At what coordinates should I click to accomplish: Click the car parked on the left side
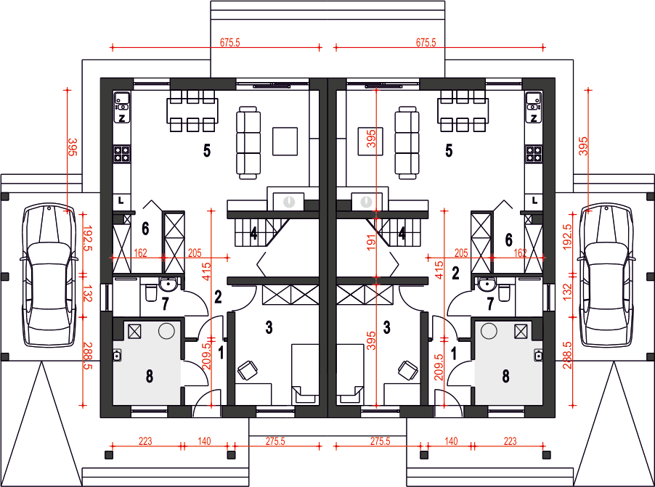tap(49, 275)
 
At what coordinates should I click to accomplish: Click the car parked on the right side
tap(606, 275)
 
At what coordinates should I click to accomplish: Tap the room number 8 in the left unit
tap(150, 376)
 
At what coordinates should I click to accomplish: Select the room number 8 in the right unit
tap(505, 376)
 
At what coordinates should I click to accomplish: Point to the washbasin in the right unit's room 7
tap(486, 285)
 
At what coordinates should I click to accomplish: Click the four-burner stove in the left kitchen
tap(121, 153)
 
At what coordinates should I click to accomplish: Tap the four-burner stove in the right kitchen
tap(534, 153)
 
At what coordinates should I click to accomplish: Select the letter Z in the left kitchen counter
tap(121, 118)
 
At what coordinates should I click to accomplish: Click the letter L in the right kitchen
tap(534, 201)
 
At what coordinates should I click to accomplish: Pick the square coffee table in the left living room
tap(285, 142)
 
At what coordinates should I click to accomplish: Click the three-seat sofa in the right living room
tap(407, 143)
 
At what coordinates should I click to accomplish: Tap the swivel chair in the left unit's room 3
tap(248, 370)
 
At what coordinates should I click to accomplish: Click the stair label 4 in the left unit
tap(253, 234)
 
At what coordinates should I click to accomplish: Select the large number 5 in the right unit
tap(449, 150)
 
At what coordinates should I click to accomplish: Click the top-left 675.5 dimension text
tap(229, 42)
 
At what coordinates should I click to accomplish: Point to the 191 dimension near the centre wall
tap(371, 242)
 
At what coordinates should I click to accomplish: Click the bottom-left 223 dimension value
tap(145, 441)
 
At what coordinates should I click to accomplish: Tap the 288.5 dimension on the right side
tap(567, 356)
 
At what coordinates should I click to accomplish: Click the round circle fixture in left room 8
tap(167, 331)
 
